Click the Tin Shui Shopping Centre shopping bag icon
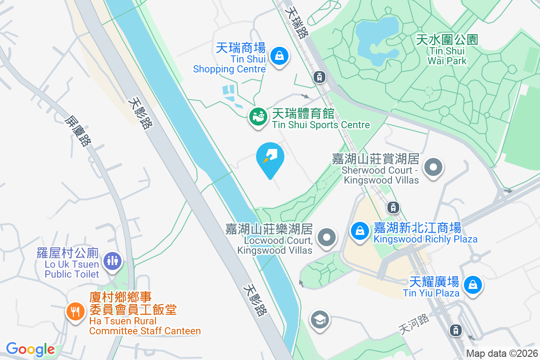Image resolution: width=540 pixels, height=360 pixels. (x=279, y=56)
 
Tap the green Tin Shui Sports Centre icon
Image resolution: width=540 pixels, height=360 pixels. (x=258, y=117)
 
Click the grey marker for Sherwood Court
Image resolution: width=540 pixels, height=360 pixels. (x=433, y=167)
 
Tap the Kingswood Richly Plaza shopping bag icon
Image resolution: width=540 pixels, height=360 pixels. (x=360, y=231)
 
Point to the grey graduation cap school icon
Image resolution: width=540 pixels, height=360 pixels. (x=319, y=320)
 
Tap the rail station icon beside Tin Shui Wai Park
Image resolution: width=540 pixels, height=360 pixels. (x=319, y=77)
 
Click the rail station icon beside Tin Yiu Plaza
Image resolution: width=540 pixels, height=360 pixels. (x=456, y=330)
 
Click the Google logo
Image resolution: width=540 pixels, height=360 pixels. (x=30, y=349)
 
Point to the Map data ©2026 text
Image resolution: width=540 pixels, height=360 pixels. (x=501, y=354)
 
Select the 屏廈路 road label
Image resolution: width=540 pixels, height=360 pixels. (x=78, y=131)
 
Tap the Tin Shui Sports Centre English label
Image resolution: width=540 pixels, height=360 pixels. (x=321, y=125)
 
